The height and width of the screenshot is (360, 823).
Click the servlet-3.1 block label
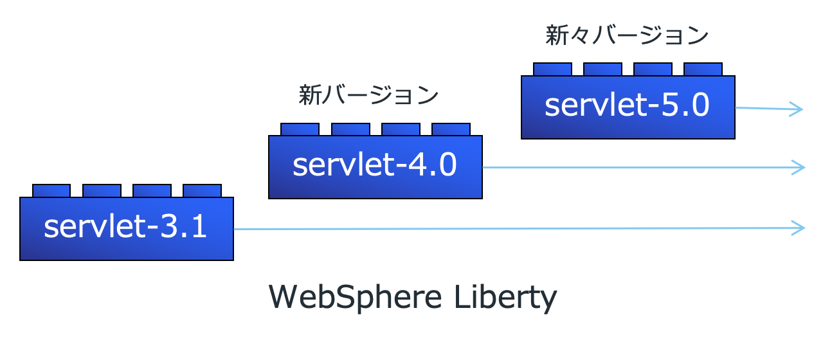point(126,228)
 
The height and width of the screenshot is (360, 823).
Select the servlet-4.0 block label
point(375,166)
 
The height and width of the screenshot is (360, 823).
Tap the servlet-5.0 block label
point(627,105)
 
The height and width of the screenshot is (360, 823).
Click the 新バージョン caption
point(368,96)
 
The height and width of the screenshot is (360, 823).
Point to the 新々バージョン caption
point(627,35)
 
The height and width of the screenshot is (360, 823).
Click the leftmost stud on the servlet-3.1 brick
point(51,190)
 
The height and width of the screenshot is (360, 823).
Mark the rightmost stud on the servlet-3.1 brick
point(202,190)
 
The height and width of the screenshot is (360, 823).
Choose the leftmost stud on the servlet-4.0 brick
point(300,129)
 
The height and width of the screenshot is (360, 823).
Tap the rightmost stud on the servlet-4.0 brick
point(451,129)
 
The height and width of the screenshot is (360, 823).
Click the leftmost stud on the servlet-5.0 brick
point(552,69)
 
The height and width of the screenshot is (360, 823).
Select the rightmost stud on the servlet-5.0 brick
point(703,69)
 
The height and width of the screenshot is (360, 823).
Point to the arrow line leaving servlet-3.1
point(514,228)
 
